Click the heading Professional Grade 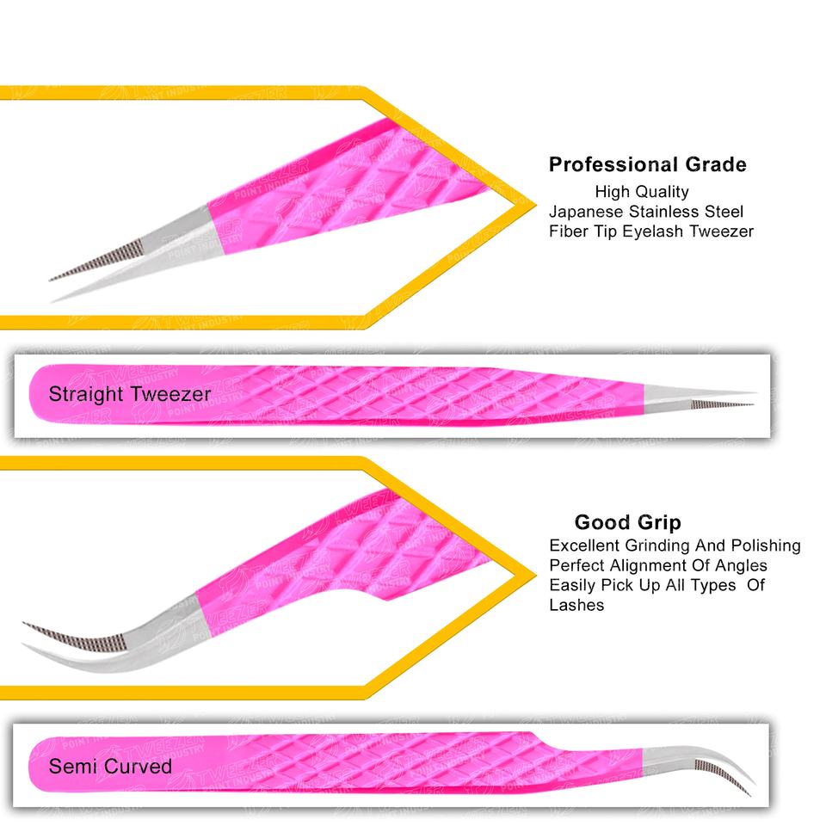[x=647, y=164]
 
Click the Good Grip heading [x=627, y=522]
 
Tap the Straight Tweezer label [x=129, y=395]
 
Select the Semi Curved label [x=110, y=766]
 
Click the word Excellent [x=584, y=546]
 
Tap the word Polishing [x=765, y=546]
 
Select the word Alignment [x=644, y=565]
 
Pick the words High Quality [x=641, y=191]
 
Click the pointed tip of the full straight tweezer [x=752, y=402]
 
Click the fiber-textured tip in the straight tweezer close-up [x=95, y=260]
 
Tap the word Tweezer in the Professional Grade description [x=722, y=231]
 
